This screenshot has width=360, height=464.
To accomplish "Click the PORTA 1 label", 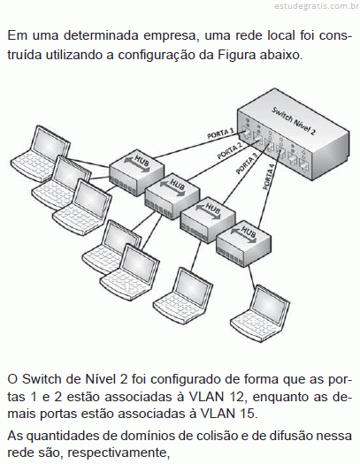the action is click(x=221, y=133).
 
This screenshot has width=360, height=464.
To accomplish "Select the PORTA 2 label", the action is click(x=230, y=150).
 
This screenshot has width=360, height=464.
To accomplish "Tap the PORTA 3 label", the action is click(x=246, y=164).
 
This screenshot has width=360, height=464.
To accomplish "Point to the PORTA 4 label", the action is click(x=269, y=179).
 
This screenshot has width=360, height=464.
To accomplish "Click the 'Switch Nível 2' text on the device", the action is click(x=294, y=120).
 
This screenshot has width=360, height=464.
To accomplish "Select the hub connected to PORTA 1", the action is click(x=136, y=174).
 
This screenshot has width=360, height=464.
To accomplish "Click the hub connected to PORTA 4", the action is click(x=243, y=243).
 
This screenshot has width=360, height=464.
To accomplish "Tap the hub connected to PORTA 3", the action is click(x=208, y=219).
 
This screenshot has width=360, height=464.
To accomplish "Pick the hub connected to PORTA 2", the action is click(x=172, y=196).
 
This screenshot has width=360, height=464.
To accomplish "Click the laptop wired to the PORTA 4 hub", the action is click(x=261, y=315).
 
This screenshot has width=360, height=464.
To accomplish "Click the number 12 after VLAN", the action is click(x=236, y=397).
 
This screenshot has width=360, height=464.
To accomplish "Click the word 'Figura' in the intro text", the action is click(x=236, y=55).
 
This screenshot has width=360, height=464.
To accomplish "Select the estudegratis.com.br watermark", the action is click(x=317, y=6).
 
